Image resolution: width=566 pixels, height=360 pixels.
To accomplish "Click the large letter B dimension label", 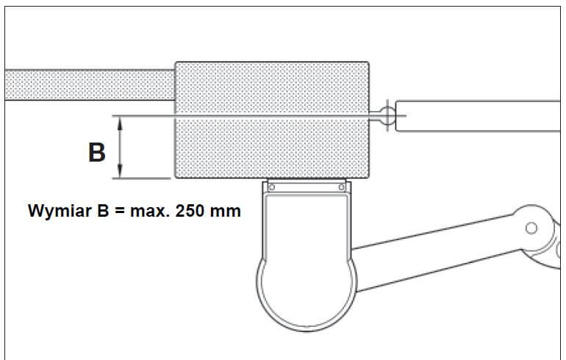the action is click(97, 152).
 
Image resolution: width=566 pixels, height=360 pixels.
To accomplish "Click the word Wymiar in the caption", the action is click(60, 211).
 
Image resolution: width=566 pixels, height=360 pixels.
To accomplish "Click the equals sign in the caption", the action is click(120, 212).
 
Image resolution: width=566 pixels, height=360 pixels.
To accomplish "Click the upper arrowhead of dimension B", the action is click(121, 123).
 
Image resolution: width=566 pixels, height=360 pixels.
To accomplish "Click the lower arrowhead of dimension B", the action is click(121, 171).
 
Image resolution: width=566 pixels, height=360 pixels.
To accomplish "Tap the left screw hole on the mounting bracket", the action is click(272, 187).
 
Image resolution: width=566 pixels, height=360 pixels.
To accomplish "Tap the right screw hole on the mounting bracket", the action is click(342, 187).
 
